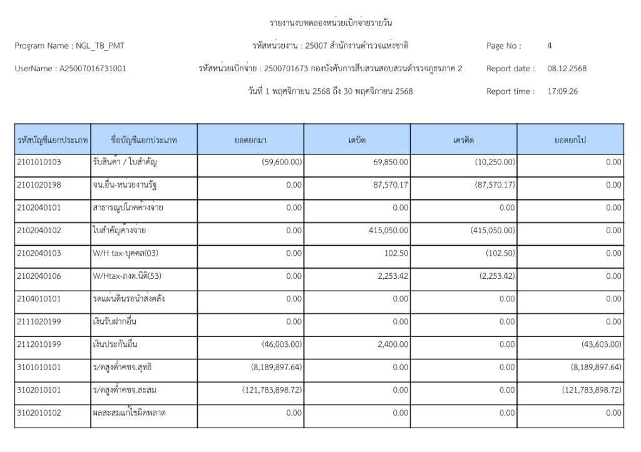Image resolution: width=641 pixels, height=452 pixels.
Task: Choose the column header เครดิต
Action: coord(464,140)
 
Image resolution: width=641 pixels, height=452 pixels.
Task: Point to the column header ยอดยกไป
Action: coord(570,140)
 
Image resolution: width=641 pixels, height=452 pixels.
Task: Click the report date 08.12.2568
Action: coord(567,68)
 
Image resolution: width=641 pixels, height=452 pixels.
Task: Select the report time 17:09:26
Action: coord(562,91)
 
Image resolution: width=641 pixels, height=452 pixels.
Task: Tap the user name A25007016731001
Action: coord(92,68)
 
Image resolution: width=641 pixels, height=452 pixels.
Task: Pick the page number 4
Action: coord(549,46)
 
